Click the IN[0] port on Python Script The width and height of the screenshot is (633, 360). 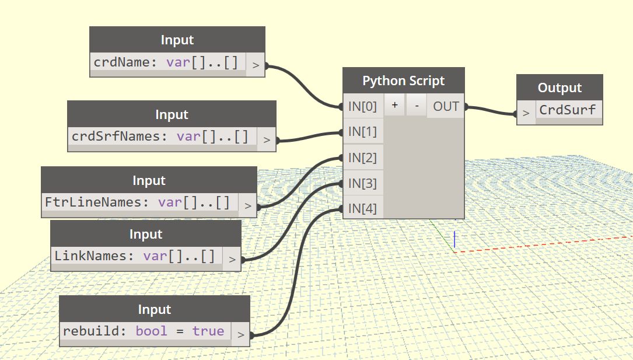(363, 106)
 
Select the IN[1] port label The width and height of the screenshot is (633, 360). (363, 132)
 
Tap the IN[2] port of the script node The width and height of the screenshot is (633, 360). (363, 158)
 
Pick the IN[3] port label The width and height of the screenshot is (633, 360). (363, 183)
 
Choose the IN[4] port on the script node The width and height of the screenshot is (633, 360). (363, 208)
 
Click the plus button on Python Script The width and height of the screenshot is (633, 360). (395, 106)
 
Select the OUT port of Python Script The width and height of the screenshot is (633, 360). (446, 106)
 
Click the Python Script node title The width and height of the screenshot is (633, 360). (404, 81)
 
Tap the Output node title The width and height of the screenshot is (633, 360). (559, 88)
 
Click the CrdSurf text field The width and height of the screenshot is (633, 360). (568, 110)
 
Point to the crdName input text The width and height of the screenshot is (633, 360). (166, 62)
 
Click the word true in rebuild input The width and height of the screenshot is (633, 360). (208, 331)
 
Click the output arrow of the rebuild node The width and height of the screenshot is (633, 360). (240, 334)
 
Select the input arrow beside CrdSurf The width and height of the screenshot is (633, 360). (526, 113)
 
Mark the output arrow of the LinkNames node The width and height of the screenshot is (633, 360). (232, 259)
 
